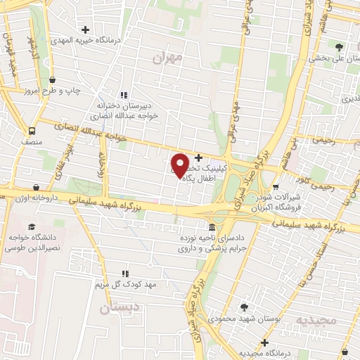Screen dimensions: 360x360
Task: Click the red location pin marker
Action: point(181,165)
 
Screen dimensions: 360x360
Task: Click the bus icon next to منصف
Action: point(32,131)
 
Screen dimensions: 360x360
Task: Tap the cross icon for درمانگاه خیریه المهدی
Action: point(85,30)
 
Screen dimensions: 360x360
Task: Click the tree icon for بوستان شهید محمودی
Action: point(244,307)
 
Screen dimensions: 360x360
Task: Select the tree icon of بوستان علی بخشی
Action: point(340,47)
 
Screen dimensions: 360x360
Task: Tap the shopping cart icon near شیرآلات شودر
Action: point(276,187)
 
